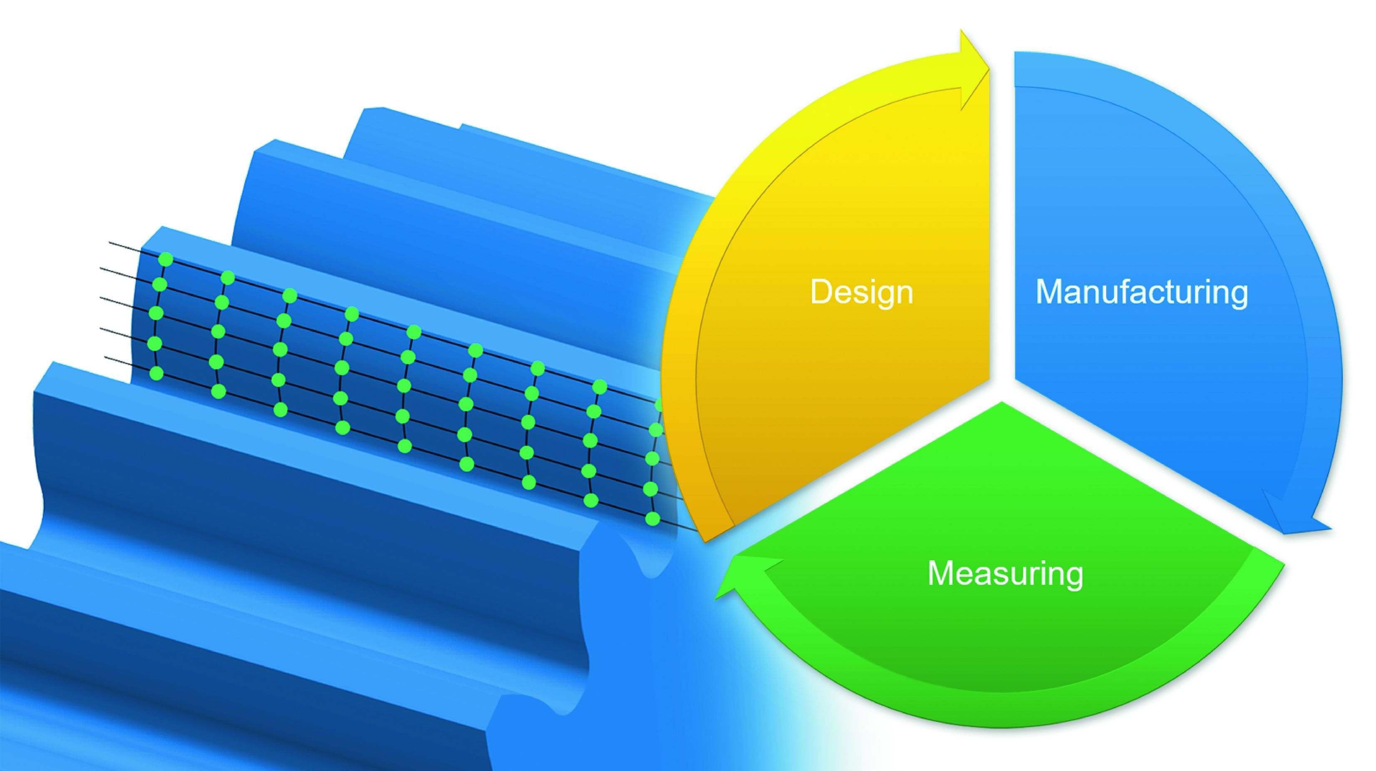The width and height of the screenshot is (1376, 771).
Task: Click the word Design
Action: click(862, 292)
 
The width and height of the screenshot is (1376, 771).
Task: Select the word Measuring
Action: click(1005, 573)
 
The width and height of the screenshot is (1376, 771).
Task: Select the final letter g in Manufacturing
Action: click(1239, 297)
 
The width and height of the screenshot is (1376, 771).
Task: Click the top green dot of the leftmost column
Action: click(166, 260)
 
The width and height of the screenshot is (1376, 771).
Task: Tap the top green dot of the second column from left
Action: click(228, 278)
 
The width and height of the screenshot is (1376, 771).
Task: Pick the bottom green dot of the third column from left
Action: click(280, 410)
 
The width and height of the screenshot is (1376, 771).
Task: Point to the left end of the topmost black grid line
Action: click(109, 243)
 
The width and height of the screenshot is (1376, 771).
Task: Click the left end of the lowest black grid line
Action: click(105, 357)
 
